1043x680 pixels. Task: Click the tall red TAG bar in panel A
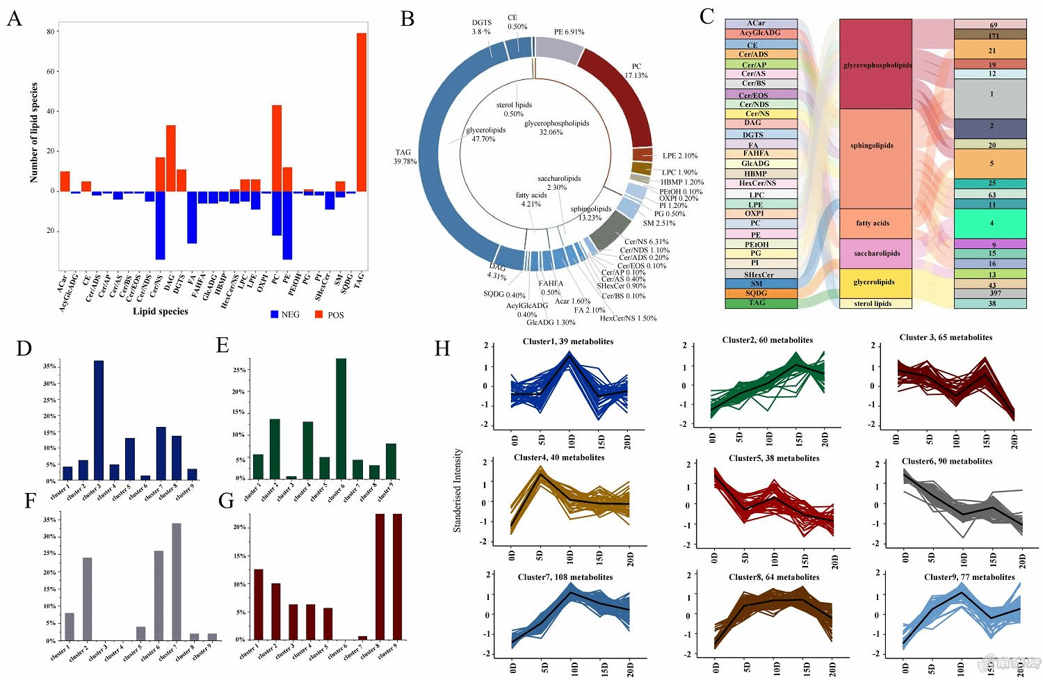(x=362, y=111)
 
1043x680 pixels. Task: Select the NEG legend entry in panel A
(x=285, y=315)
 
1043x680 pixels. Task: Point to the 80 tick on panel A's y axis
(x=51, y=31)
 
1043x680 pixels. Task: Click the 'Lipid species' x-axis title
(x=161, y=311)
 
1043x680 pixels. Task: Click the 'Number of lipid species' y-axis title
(x=34, y=132)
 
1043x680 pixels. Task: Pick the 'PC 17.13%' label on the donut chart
(x=636, y=71)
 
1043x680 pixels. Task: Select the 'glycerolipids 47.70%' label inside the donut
(x=485, y=134)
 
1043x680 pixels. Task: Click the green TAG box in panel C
(x=761, y=303)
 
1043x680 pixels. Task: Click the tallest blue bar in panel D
(x=99, y=420)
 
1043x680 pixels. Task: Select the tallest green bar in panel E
(x=341, y=418)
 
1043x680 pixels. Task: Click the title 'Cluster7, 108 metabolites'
(x=565, y=577)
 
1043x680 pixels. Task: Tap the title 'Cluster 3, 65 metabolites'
(x=946, y=337)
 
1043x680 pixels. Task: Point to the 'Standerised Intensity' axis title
(x=458, y=490)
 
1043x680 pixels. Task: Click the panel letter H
(x=442, y=348)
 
